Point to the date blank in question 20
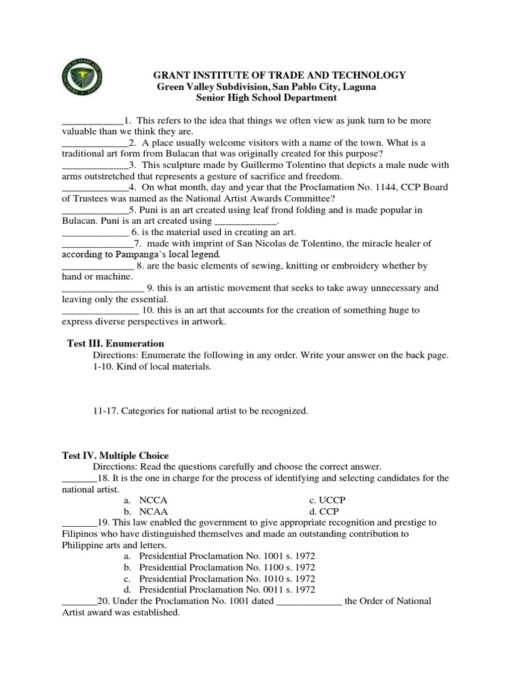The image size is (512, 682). (x=309, y=602)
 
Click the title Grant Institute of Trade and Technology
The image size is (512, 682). (x=280, y=75)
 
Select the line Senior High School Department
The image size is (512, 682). (x=266, y=98)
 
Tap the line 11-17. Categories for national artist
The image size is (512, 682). (x=200, y=411)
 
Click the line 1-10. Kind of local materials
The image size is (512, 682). (x=152, y=367)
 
